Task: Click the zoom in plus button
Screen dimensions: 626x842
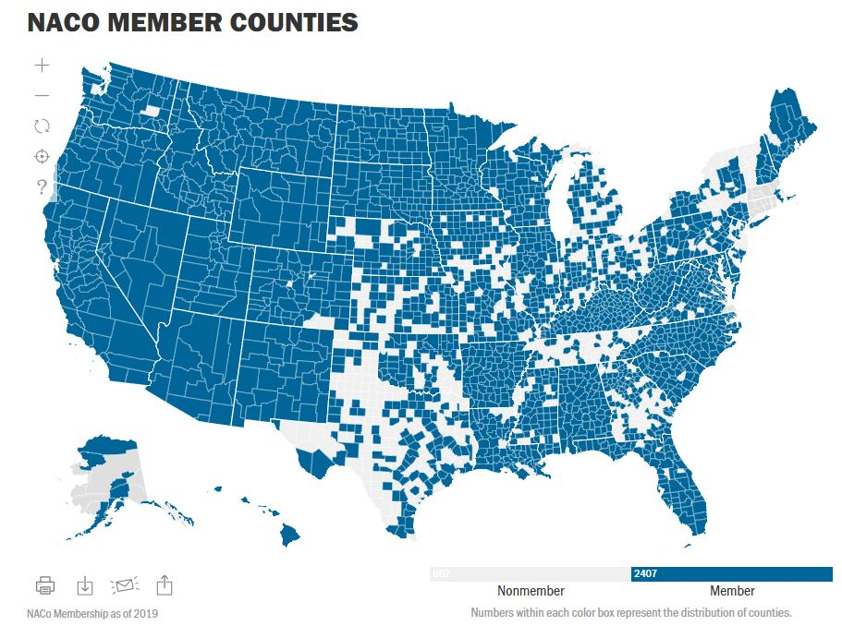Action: click(x=42, y=66)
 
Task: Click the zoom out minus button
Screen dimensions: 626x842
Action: click(x=42, y=96)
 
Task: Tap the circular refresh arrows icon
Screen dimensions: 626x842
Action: click(x=42, y=126)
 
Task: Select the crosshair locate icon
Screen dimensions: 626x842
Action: click(x=42, y=157)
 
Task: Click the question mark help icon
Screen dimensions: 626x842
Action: click(x=42, y=187)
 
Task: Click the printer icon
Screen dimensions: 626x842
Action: click(x=45, y=585)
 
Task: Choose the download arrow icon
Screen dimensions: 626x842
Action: click(x=84, y=585)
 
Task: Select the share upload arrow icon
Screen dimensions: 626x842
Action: click(x=165, y=584)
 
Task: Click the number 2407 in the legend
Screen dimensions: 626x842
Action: click(x=644, y=574)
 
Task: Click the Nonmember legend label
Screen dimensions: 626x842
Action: click(x=531, y=591)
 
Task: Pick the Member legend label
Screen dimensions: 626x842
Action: click(x=732, y=591)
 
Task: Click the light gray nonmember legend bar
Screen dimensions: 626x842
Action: click(x=531, y=574)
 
